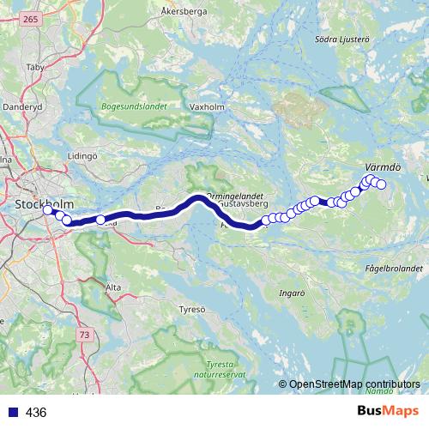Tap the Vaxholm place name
(x=206, y=107)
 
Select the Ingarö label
(x=293, y=293)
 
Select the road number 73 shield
(x=83, y=333)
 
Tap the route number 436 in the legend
(x=36, y=413)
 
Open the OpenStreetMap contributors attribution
(x=353, y=385)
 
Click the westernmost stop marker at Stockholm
(x=47, y=209)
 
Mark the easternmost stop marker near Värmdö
(x=382, y=185)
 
